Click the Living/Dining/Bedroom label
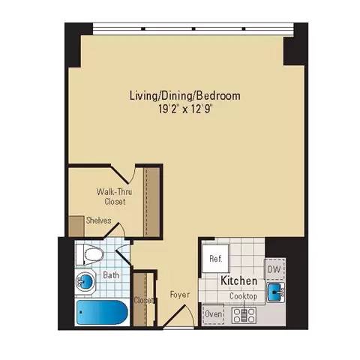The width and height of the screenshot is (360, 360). pos(184,96)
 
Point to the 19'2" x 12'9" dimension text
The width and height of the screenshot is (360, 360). pos(184,108)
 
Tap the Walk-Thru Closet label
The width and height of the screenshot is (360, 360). pos(110,196)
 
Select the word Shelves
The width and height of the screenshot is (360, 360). pos(99,220)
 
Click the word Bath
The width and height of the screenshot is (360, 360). pos(112,275)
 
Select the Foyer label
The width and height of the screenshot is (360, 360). pos(178,294)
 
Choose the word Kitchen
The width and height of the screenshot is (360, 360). pos(239,280)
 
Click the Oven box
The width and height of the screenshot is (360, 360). pos(214,313)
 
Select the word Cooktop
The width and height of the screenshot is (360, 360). pos(243,296)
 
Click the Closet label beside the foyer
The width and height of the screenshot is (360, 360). pos(143,301)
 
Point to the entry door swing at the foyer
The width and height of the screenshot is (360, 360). pos(177,324)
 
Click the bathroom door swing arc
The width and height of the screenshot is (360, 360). pos(124,244)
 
